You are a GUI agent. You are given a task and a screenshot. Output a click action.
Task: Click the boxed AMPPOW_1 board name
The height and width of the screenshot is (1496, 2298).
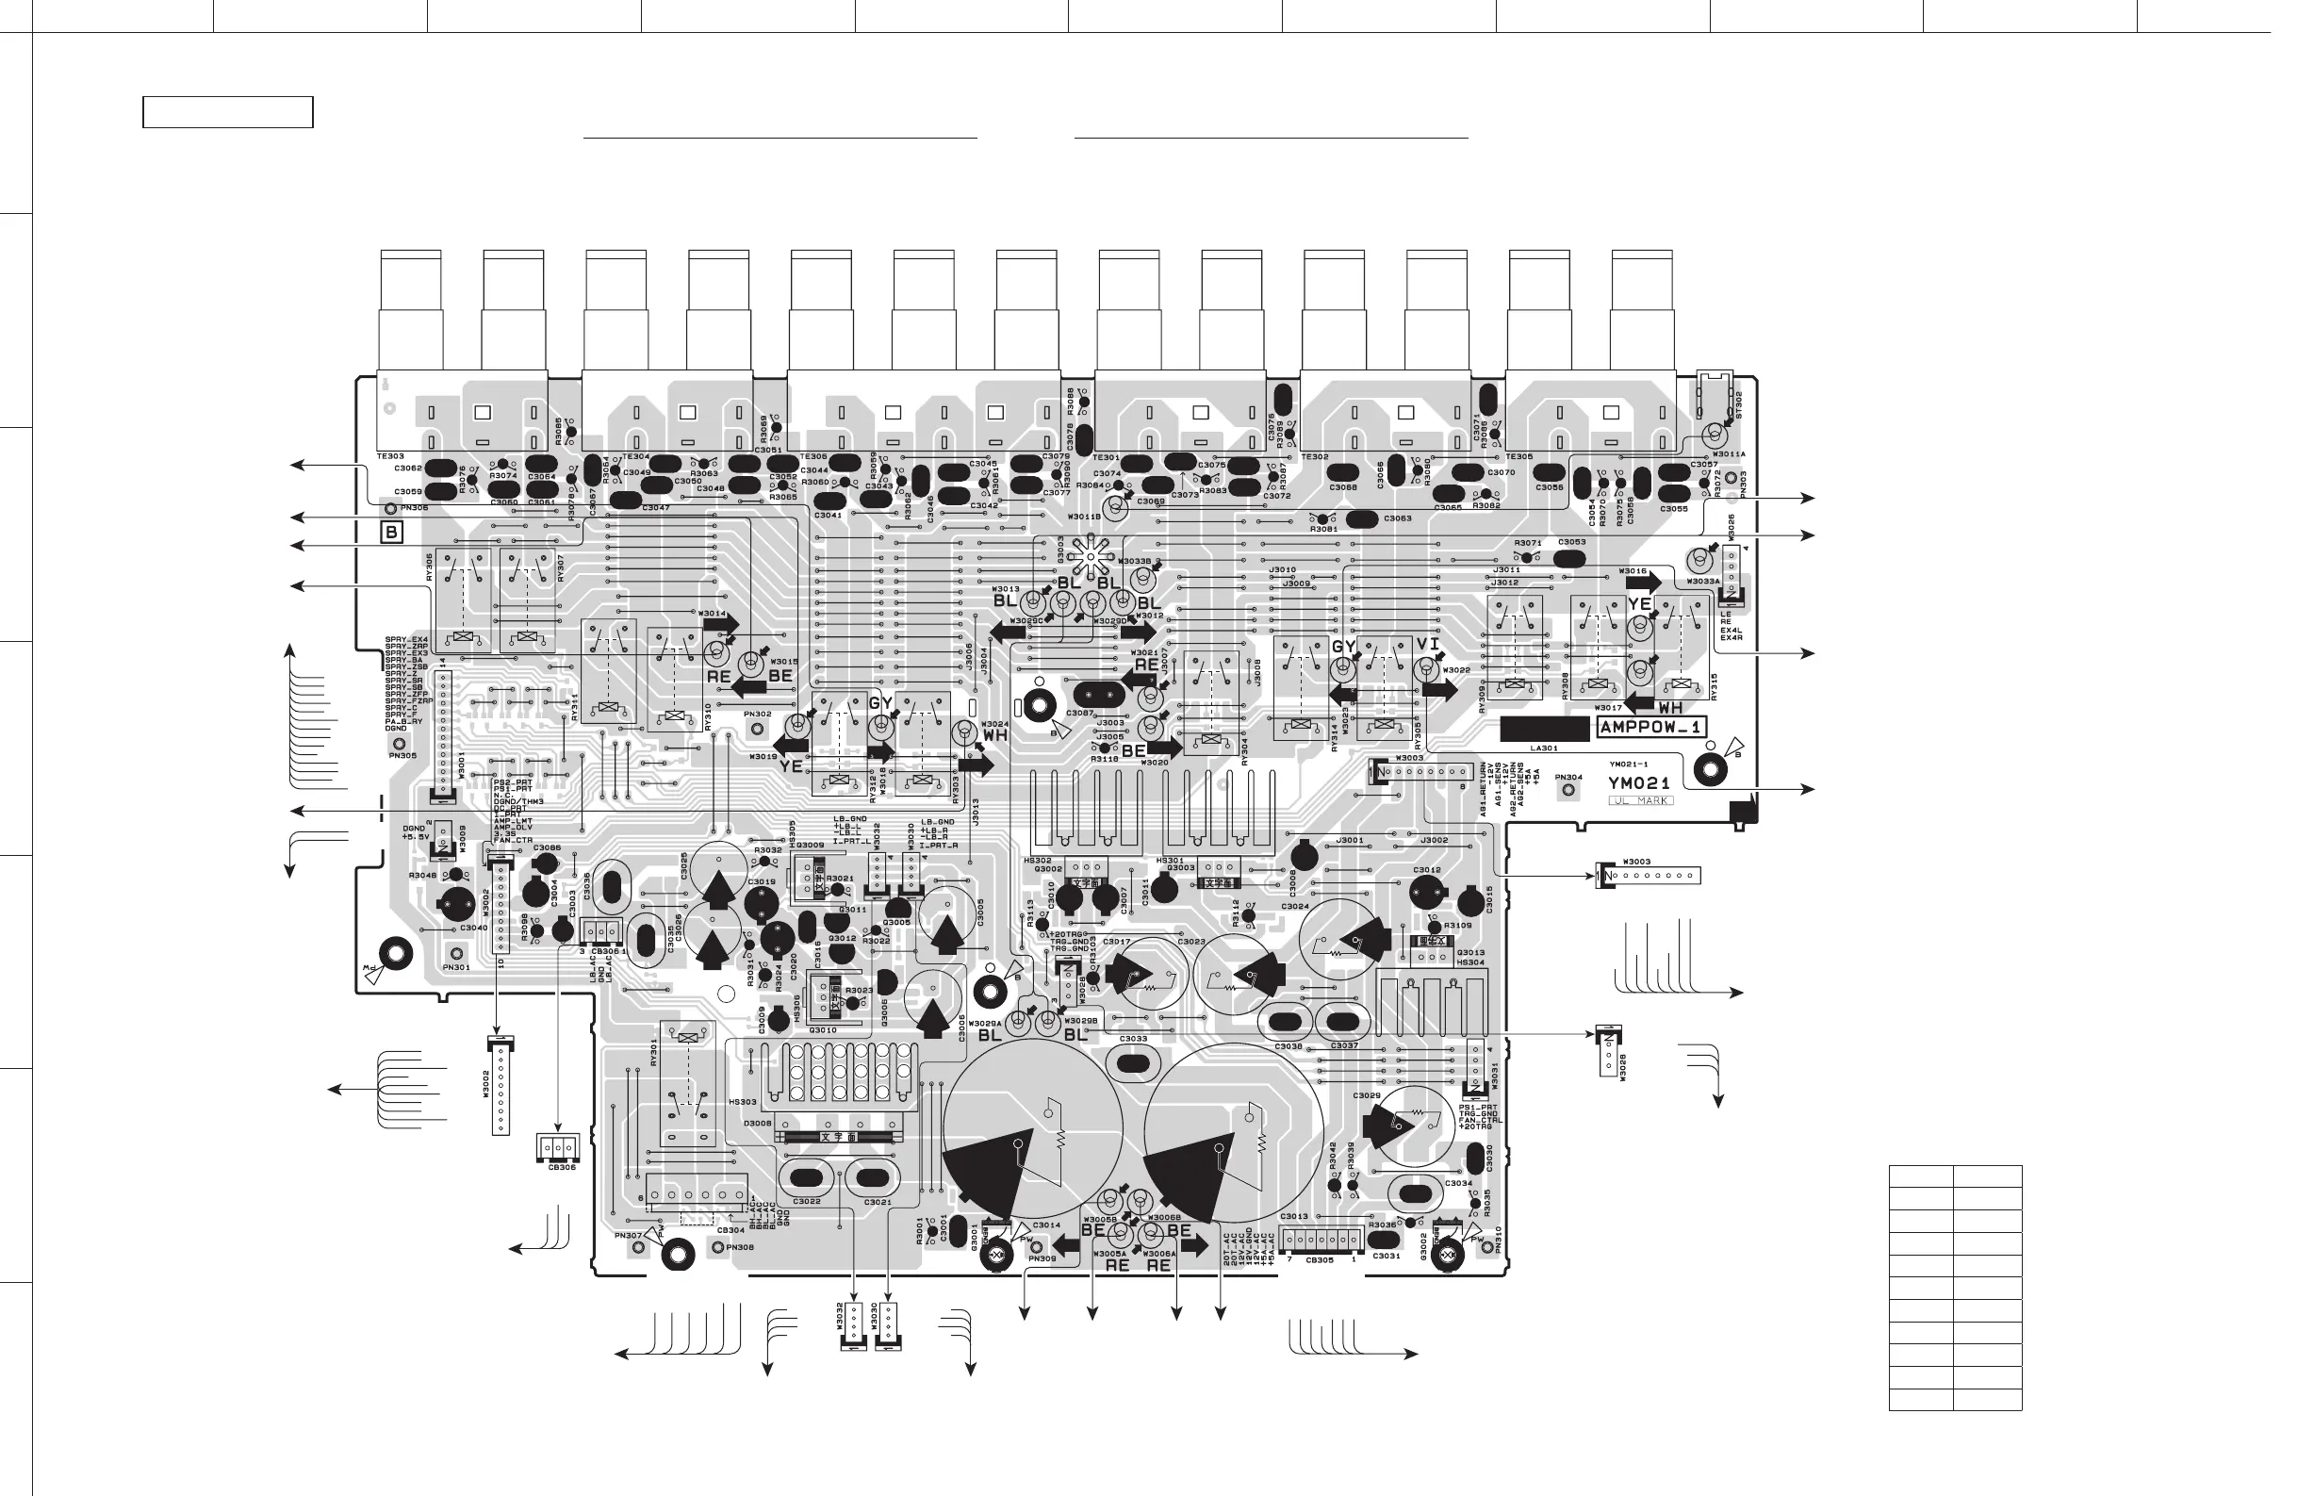click(x=1652, y=727)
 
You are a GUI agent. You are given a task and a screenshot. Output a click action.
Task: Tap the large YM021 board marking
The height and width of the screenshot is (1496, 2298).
click(x=1638, y=783)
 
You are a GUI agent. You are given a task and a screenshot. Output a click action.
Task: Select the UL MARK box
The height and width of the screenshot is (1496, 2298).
click(x=1640, y=800)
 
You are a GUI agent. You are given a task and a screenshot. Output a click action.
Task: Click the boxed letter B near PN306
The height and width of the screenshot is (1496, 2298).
click(x=391, y=533)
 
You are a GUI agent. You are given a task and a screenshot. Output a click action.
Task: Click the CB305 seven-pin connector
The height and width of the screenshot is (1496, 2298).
click(x=1321, y=1240)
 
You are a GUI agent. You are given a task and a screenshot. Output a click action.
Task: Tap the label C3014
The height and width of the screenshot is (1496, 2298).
click(x=1046, y=1225)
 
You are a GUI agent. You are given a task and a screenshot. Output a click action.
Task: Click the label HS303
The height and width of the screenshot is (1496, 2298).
click(x=743, y=1102)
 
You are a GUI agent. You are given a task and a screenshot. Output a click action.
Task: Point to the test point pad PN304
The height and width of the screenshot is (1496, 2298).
click(x=1569, y=791)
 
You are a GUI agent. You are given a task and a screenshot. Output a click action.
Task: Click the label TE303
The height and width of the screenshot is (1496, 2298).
click(x=390, y=456)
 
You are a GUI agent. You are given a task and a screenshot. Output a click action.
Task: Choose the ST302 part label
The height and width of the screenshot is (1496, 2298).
click(x=1739, y=403)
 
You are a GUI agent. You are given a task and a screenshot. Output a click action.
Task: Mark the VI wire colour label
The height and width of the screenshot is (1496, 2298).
click(x=1428, y=644)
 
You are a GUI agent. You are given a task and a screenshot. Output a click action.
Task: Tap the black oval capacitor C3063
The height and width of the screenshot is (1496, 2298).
click(x=1361, y=519)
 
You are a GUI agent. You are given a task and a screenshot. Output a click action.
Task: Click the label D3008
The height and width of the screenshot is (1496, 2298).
click(x=758, y=1124)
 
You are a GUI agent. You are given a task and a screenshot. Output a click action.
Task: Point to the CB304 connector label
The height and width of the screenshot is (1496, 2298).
click(x=730, y=1230)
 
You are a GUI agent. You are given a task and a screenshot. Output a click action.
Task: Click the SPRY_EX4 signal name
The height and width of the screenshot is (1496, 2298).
click(x=405, y=639)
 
